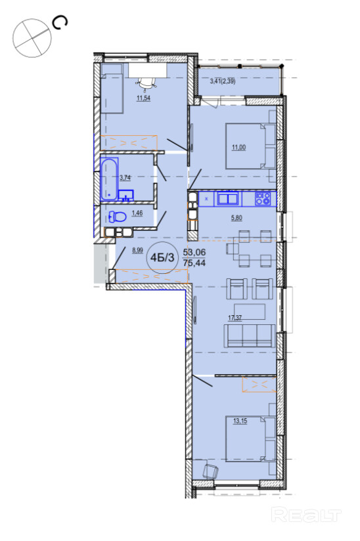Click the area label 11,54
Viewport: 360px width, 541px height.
[144, 98]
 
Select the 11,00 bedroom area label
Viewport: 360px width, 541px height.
[238, 147]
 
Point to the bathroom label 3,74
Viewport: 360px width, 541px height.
[125, 178]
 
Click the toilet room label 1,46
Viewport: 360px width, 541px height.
[137, 213]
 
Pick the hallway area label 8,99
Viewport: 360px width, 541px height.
[137, 251]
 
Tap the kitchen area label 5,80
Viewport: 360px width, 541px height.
[236, 218]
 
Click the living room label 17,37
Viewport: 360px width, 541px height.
[235, 318]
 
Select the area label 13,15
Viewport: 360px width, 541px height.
[240, 421]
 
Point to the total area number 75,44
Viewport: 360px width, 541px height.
[194, 263]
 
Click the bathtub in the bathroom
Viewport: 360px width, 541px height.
[110, 179]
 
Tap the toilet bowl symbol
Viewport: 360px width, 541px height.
[117, 217]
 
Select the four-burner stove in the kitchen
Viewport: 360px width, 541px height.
[263, 199]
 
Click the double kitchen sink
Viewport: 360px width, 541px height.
[228, 199]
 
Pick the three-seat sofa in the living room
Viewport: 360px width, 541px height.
[250, 335]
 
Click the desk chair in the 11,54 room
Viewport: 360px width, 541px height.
[147, 83]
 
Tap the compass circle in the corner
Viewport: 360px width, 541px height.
[32, 37]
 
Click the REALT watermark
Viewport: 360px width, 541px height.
[307, 515]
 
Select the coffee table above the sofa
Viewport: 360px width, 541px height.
[250, 312]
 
